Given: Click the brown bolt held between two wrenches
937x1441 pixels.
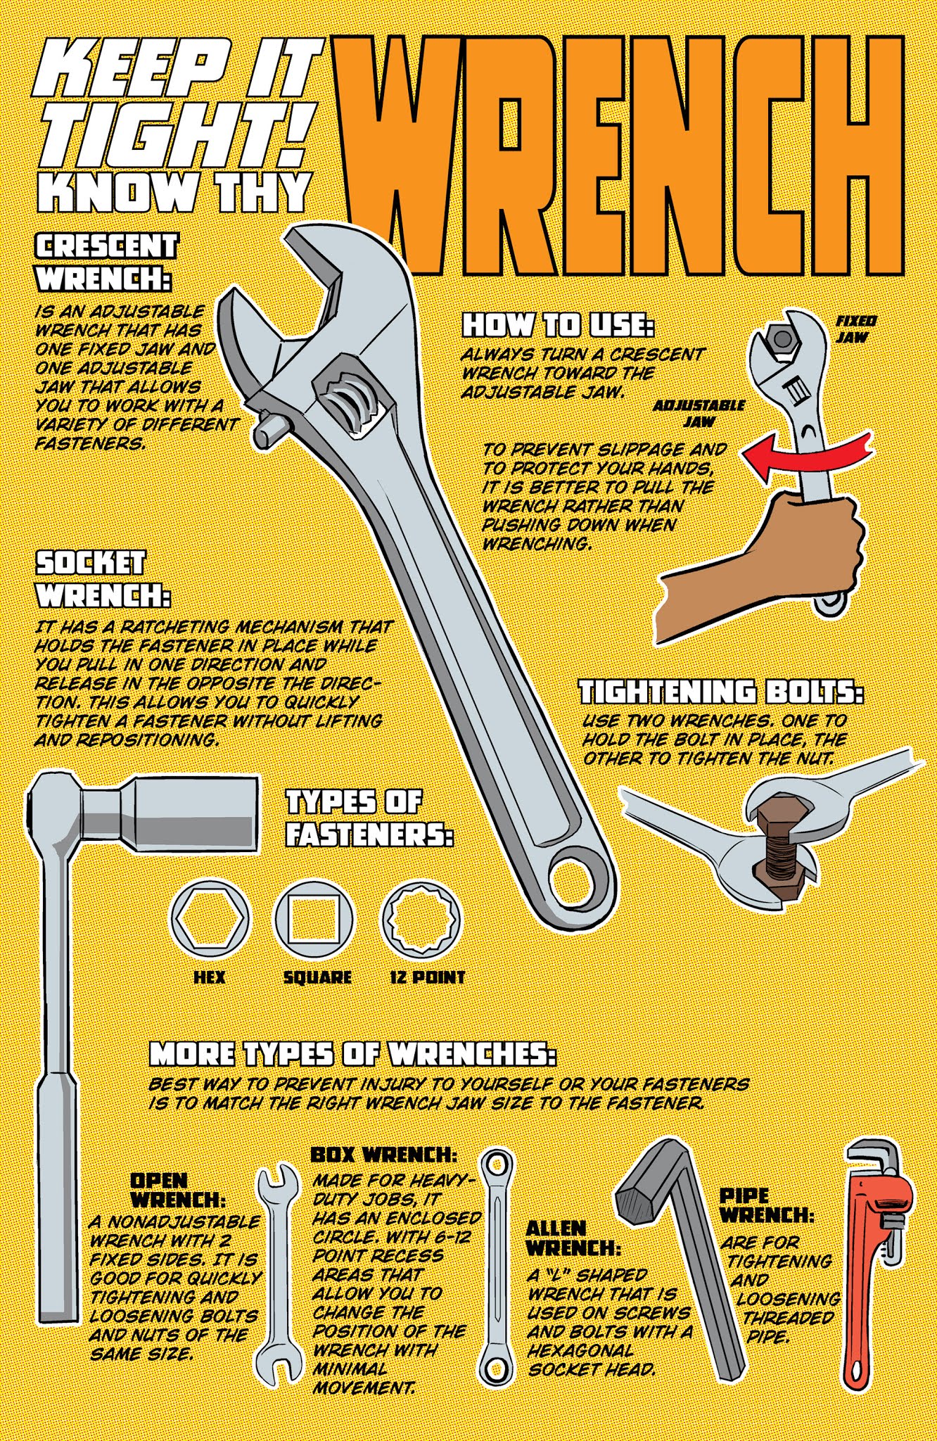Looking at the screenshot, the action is pyautogui.click(x=781, y=845).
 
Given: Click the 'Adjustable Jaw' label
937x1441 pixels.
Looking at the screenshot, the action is pyautogui.click(x=699, y=414).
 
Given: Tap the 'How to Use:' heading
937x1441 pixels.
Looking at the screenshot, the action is pyautogui.click(x=558, y=326).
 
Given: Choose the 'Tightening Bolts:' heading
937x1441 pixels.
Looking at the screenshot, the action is pyautogui.click(x=721, y=692).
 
